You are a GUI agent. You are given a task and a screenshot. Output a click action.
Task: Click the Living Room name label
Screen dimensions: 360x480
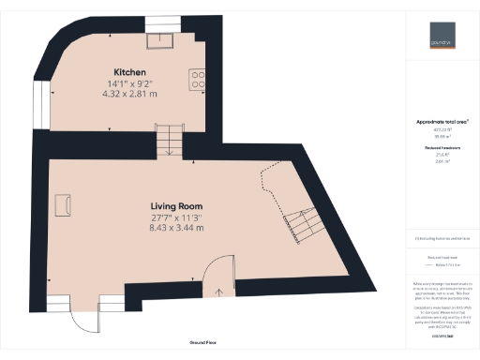coord(177,206)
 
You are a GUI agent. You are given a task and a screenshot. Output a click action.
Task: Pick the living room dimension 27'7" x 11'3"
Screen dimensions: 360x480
coord(177,217)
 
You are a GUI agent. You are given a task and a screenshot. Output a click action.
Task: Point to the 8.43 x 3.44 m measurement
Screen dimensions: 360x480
coord(177,229)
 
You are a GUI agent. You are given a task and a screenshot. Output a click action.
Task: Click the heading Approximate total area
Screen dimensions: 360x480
coord(442,122)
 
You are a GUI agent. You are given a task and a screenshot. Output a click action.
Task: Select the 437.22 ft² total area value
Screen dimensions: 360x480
coord(442,130)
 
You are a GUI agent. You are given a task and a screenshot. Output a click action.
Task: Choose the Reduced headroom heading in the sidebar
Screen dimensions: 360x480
coord(442,148)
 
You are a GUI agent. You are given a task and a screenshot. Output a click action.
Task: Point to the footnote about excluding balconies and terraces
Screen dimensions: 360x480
coord(442,238)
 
